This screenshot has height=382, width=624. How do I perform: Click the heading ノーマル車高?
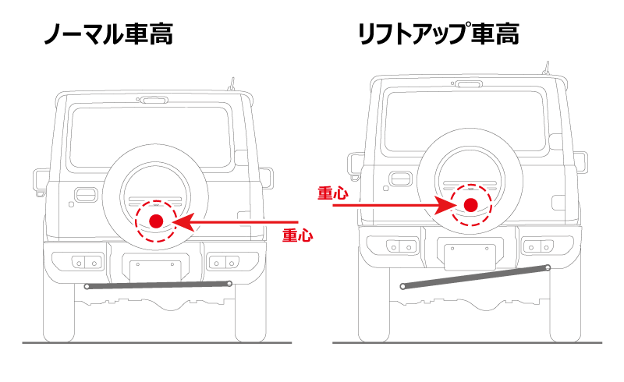(107, 34)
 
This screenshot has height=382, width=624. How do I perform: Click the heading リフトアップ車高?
(438, 34)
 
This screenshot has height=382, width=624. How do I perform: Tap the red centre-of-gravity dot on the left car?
(156, 221)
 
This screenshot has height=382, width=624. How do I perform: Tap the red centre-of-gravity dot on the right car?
(470, 205)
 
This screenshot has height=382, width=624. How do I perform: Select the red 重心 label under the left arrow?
(297, 235)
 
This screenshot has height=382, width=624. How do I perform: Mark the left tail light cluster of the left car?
(88, 260)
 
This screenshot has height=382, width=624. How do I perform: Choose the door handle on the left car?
(85, 194)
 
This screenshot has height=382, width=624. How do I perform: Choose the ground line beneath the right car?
(468, 342)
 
